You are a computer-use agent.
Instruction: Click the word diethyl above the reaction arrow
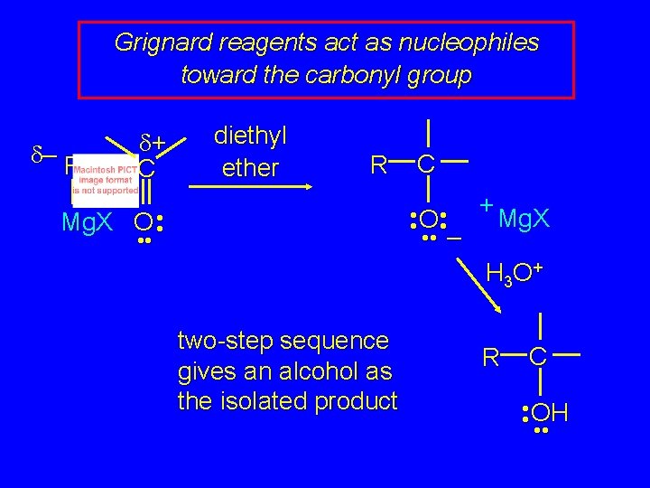250,136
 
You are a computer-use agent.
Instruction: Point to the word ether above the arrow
250,168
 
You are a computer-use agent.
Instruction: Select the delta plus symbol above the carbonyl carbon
154,141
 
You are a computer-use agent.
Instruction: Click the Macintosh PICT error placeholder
106,180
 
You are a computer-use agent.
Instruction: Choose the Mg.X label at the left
91,222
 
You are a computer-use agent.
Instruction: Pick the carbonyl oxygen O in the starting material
143,223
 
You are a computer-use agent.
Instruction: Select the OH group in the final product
549,414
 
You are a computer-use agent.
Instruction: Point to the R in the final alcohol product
490,358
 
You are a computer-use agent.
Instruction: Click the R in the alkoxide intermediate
379,164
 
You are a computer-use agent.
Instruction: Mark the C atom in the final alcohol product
538,357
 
